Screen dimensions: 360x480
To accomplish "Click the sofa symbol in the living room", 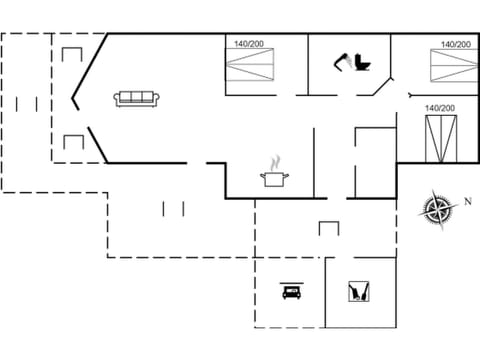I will (x=136, y=98).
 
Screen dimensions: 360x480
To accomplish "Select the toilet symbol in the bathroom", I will (x=361, y=62).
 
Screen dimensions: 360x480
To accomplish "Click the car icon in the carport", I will (x=292, y=292).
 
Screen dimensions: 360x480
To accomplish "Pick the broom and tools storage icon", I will (x=358, y=292).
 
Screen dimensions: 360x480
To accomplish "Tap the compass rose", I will (x=437, y=208).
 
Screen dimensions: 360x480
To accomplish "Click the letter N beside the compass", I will (x=466, y=201).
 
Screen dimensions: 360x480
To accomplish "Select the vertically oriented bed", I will (x=440, y=138).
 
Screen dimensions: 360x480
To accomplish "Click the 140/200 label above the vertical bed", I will (x=440, y=108).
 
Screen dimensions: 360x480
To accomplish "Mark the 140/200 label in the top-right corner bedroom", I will (x=455, y=44).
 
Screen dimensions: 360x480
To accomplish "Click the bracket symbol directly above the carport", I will (x=329, y=228).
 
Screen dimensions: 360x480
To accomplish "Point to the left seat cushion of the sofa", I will (x=126, y=99).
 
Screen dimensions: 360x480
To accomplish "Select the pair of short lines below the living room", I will (x=173, y=208).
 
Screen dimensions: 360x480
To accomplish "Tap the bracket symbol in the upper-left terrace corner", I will (x=72, y=54).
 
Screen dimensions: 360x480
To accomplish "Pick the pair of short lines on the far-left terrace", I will (x=27, y=103).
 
